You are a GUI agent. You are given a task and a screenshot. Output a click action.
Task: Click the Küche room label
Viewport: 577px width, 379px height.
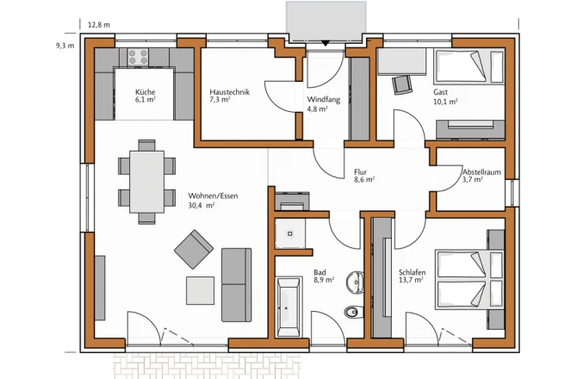[x=145, y=92]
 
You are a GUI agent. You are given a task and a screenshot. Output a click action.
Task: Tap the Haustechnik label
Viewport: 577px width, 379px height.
[x=230, y=92]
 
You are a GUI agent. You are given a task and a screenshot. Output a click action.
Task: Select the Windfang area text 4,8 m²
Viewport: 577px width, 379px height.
[x=317, y=109]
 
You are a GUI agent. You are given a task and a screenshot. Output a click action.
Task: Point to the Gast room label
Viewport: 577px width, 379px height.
[x=440, y=92]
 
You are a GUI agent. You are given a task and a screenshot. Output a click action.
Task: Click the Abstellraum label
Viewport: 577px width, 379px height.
[x=481, y=171]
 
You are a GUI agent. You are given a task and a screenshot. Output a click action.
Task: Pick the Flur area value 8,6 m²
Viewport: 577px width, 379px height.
[x=364, y=180]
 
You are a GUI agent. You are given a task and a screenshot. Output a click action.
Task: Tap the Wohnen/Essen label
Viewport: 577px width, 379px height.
[x=213, y=196]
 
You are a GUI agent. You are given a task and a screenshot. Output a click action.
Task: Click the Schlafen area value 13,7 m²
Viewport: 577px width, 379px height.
[x=411, y=280]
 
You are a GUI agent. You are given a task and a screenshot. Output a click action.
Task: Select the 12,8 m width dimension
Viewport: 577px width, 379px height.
[x=99, y=25]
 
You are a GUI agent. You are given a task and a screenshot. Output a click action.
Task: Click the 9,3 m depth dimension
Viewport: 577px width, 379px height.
[x=65, y=46]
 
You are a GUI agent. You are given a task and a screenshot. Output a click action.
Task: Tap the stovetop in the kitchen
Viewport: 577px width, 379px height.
[x=138, y=57]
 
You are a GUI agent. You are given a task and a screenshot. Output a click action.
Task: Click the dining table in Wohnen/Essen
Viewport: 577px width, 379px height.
[x=146, y=182]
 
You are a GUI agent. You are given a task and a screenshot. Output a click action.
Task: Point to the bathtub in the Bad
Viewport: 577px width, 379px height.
[x=288, y=308]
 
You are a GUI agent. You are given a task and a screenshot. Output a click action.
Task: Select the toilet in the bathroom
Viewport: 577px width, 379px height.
[x=354, y=313]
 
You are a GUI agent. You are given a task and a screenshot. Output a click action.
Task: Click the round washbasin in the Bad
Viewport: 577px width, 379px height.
[x=355, y=283]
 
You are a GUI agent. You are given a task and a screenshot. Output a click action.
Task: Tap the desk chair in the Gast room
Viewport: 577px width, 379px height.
[x=402, y=84]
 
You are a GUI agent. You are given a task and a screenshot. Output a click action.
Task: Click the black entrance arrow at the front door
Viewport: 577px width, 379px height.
[x=326, y=43]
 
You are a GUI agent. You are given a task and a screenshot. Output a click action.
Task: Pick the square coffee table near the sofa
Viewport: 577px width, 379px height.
[x=200, y=290]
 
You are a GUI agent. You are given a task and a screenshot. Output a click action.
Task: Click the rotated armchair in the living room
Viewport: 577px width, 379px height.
[x=194, y=249]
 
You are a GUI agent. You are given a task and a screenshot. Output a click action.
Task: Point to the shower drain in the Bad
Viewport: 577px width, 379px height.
[x=290, y=233]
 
